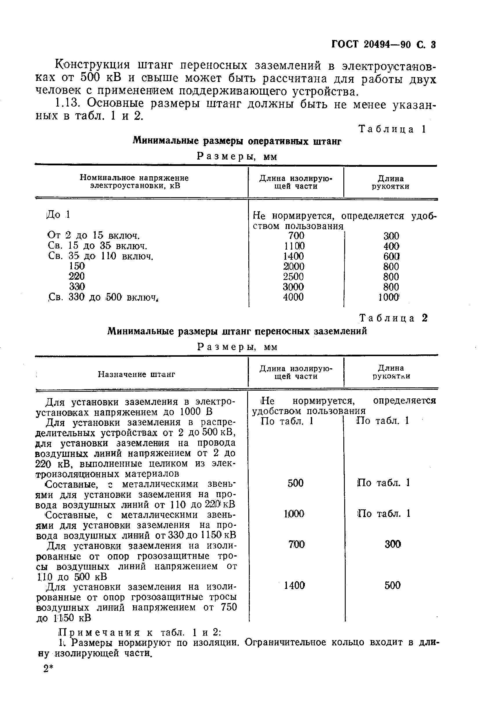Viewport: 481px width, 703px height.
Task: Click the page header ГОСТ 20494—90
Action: coord(372,45)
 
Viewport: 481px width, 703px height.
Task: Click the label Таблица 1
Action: coord(392,129)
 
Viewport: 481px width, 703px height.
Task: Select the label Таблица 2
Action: coord(393,318)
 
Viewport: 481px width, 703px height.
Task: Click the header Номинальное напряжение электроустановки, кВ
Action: coord(134,182)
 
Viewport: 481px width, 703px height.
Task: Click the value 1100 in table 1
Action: coord(294,246)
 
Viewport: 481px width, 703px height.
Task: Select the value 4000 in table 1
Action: coord(293,297)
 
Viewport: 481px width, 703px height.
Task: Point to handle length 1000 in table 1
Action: coord(389,297)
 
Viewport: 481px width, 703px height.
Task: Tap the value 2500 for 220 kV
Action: coord(293,277)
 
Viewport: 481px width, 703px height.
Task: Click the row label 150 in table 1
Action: coord(77,266)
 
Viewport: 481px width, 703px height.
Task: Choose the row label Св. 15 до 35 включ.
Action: coord(97,246)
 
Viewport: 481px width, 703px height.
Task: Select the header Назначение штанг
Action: coord(136,374)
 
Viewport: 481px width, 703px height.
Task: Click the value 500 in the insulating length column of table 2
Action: coord(295,483)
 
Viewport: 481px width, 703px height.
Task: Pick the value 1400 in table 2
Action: coord(294,586)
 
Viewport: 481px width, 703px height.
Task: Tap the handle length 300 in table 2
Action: coord(393,545)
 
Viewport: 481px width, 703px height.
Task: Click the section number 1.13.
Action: coord(68,104)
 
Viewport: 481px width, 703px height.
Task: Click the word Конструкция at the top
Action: coord(93,65)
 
